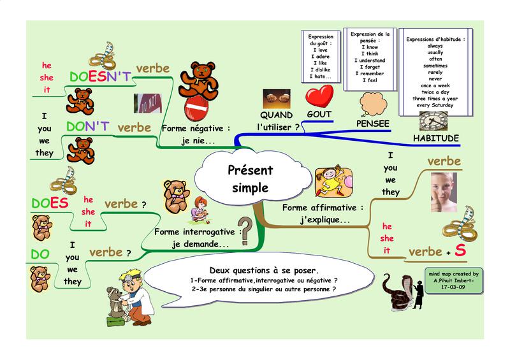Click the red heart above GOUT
319,96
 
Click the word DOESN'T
100,77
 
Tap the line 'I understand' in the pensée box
372,58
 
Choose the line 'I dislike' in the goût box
319,69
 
